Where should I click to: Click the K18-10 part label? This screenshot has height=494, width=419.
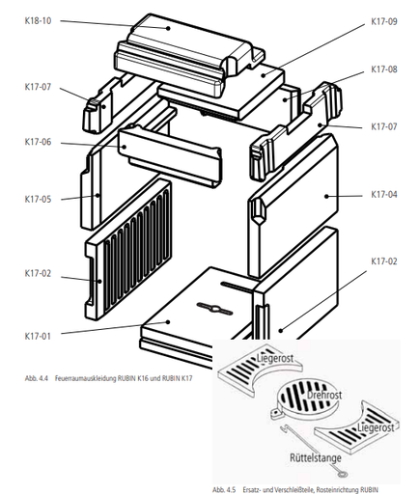pyautogui.click(x=38, y=21)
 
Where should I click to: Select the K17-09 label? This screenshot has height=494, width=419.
pyautogui.click(x=384, y=21)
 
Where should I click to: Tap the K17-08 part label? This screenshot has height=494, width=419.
pyautogui.click(x=384, y=69)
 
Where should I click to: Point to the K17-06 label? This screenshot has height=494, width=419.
pyautogui.click(x=38, y=142)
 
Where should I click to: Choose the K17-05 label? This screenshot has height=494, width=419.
pyautogui.click(x=38, y=199)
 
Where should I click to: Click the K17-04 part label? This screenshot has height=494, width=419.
pyautogui.click(x=384, y=194)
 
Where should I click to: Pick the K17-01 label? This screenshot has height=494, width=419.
pyautogui.click(x=38, y=336)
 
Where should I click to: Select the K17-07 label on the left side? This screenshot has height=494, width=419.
pyautogui.click(x=38, y=87)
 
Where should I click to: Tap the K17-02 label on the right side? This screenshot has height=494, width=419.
pyautogui.click(x=384, y=261)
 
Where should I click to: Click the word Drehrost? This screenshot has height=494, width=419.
pyautogui.click(x=324, y=395)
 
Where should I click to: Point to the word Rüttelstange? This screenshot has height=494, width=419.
pyautogui.click(x=316, y=457)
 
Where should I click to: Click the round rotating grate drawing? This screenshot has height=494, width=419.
pyautogui.click(x=307, y=397)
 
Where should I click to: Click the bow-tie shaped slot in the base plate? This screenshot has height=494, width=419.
pyautogui.click(x=214, y=309)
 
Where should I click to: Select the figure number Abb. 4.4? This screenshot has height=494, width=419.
pyautogui.click(x=37, y=378)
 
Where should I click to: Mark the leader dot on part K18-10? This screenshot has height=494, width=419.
pyautogui.click(x=168, y=28)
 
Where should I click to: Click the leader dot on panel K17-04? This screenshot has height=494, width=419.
pyautogui.click(x=326, y=196)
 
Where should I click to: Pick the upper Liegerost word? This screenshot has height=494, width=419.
pyautogui.click(x=275, y=358)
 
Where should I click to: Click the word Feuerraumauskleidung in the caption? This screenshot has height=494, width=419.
pyautogui.click(x=85, y=378)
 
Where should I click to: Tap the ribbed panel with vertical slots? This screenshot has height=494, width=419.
pyautogui.click(x=128, y=249)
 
